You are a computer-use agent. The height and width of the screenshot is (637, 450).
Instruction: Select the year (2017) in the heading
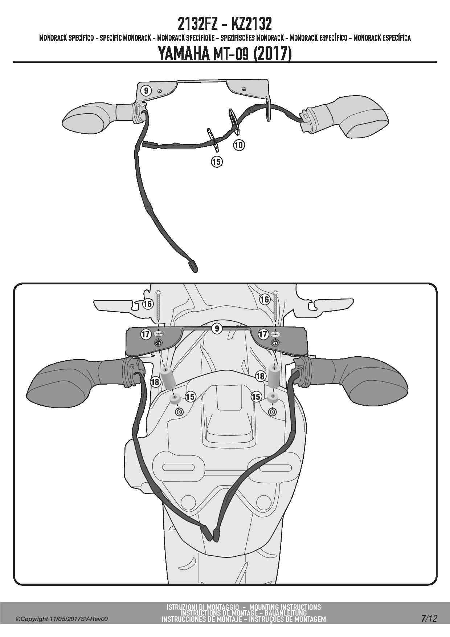pos(272,54)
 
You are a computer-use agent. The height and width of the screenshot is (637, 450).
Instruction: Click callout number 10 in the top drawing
pos(239,145)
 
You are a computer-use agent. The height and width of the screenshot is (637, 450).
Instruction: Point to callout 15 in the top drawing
pos(217,162)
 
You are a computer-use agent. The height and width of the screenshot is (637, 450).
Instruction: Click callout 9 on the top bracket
pos(146,90)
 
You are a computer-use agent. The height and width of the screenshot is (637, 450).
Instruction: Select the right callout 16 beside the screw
pos(265,299)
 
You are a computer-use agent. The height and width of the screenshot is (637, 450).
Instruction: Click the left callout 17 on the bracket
pos(146,334)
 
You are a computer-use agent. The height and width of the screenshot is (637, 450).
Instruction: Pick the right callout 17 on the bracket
pos(263,334)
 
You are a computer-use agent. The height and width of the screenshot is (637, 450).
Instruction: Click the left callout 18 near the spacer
pos(155,382)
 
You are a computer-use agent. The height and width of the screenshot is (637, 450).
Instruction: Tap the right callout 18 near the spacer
pos(261,376)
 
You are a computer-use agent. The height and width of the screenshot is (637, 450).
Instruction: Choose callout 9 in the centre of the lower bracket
pos(217,329)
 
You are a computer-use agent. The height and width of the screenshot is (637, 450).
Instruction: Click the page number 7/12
pos(429,618)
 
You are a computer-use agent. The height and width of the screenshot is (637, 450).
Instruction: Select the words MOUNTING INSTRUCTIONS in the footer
pos(285,607)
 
